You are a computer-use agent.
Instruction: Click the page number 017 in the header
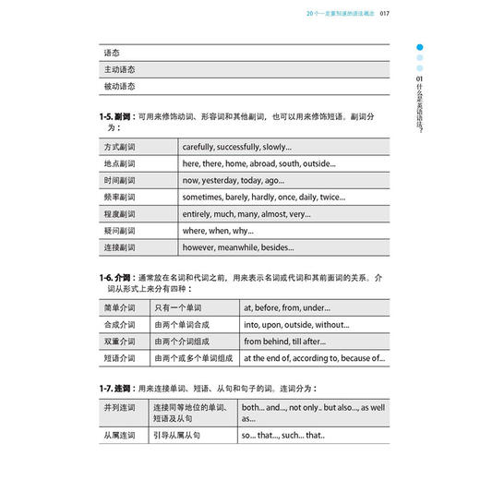click(x=384, y=14)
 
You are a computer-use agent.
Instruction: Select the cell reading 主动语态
click(x=120, y=69)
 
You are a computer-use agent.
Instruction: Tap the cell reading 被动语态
click(x=120, y=87)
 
